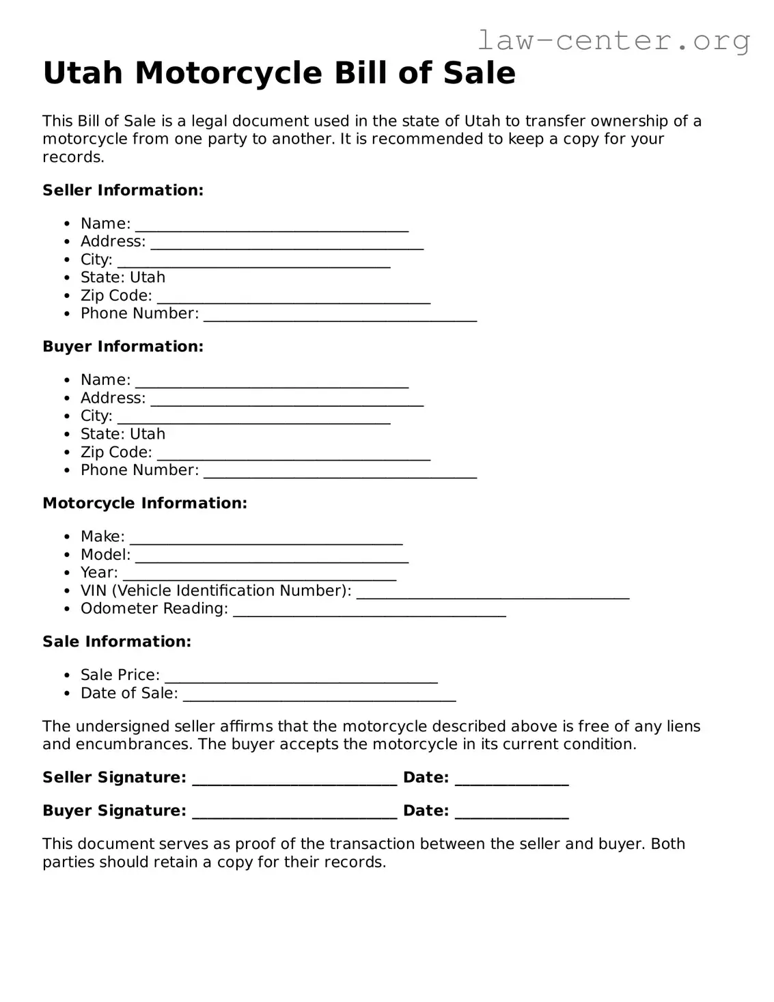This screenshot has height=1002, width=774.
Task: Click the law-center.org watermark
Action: click(x=613, y=40)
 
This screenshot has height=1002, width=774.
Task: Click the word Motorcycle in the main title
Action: click(x=230, y=73)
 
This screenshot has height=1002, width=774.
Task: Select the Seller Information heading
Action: click(x=123, y=190)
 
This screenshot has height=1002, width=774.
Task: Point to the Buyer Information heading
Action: click(x=123, y=347)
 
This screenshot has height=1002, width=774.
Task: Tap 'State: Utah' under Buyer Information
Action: click(x=123, y=434)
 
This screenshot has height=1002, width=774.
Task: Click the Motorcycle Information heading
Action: click(x=145, y=503)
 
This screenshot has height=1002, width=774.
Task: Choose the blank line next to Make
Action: click(x=266, y=540)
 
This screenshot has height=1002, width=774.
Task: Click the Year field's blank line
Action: click(x=259, y=576)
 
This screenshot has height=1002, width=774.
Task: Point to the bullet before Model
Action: click(x=66, y=555)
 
